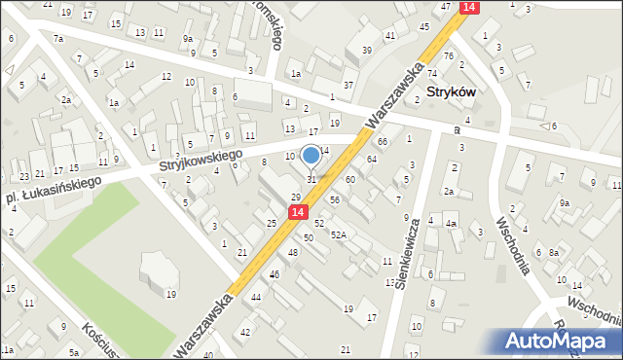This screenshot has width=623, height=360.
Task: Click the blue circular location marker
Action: pos(311,155)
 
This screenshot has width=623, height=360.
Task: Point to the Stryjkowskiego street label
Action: pos(201,162)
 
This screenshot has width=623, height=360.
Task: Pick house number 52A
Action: pos(339,234)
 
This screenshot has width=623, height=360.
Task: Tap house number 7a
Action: pos(58,39)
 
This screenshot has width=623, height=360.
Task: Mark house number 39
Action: pos(367,50)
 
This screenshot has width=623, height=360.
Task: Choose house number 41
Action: pos(390,36)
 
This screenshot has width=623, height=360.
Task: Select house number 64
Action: pos(372,159)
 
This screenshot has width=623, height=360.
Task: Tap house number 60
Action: pos(350,180)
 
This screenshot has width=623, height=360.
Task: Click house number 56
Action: pos(334,199)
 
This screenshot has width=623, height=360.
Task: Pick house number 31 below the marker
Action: pos(311,179)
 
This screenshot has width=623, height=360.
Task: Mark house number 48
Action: pos(293,252)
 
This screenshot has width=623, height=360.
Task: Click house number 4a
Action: pos(451,224)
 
